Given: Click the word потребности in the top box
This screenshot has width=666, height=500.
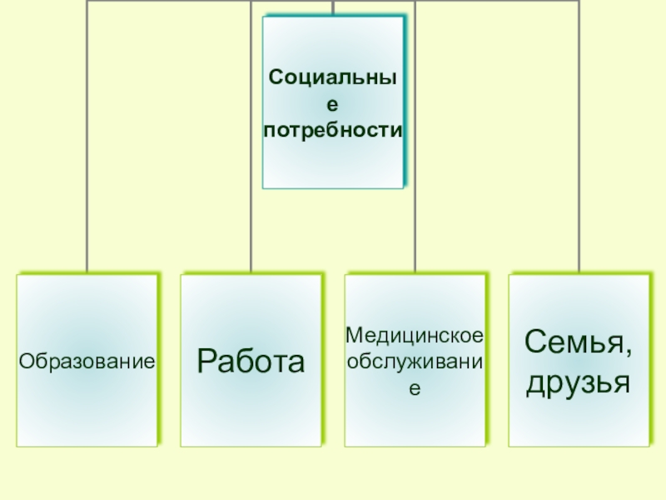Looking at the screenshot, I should (333, 131).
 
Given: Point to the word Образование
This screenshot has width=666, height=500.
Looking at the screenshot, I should (88, 361).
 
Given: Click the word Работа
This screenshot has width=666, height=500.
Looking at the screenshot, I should (251, 361).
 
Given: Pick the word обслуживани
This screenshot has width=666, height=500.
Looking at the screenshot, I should (415, 361).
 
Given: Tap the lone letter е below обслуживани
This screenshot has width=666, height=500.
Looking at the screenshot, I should (415, 387).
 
